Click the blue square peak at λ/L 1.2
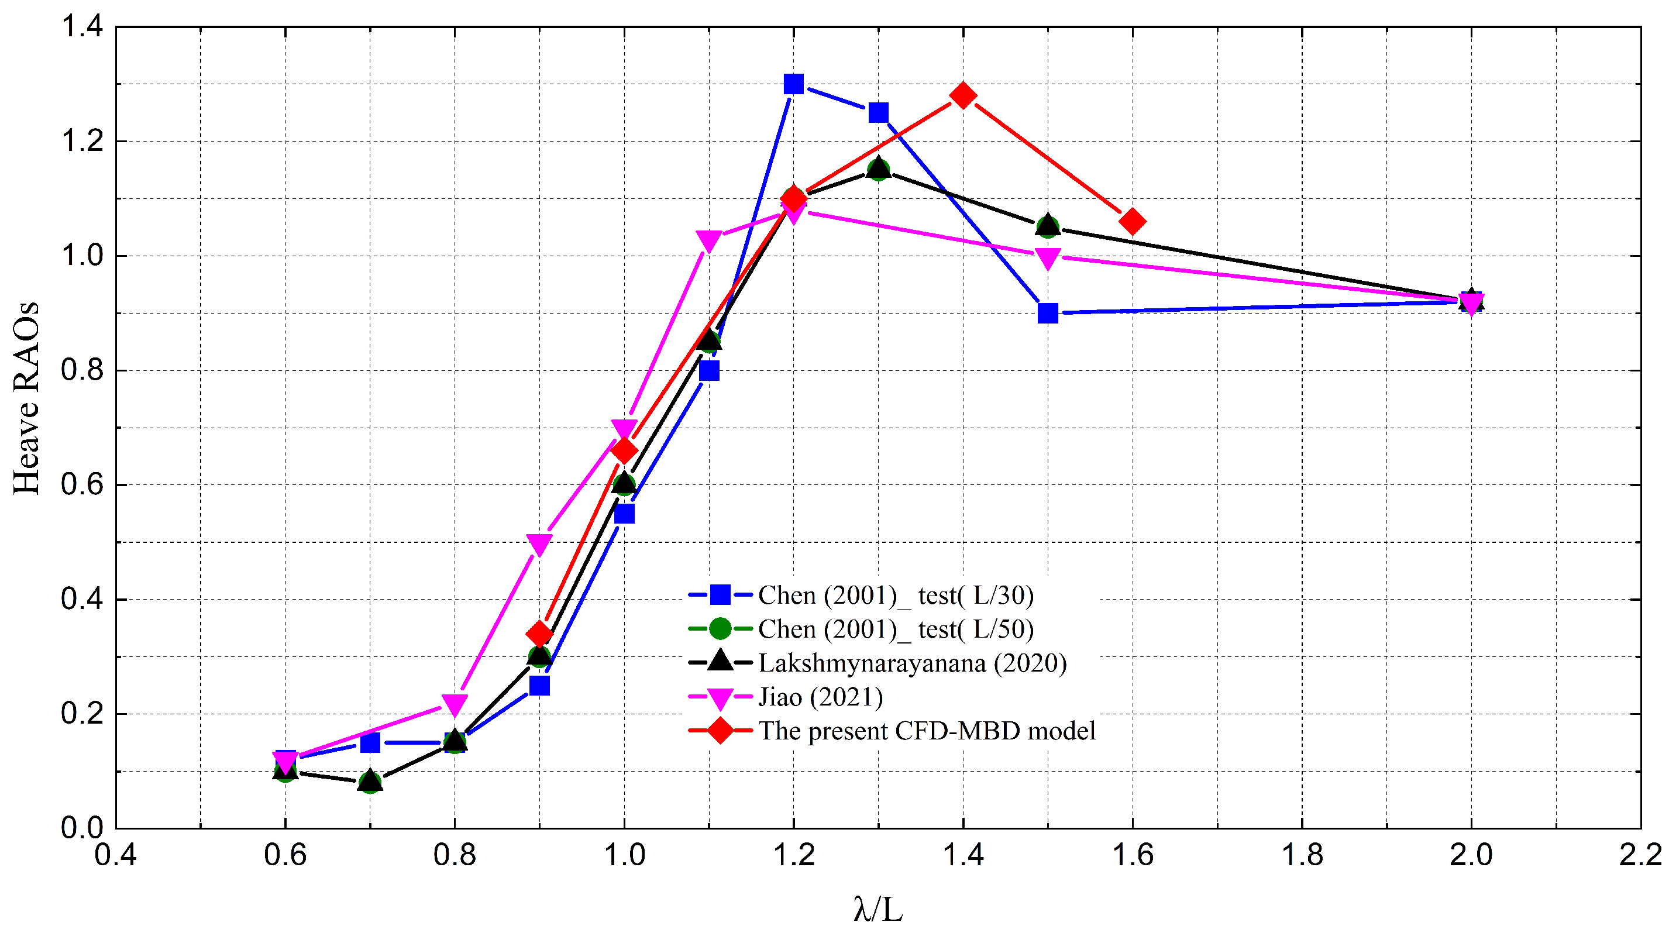(x=793, y=84)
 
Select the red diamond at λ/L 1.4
(x=963, y=95)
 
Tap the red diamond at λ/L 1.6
(x=1132, y=222)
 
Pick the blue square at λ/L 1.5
(x=1048, y=313)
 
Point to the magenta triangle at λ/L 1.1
(x=709, y=240)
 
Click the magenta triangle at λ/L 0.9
(x=539, y=543)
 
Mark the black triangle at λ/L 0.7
(x=370, y=781)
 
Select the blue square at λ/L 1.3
(x=878, y=113)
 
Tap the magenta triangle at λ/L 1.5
(x=1048, y=258)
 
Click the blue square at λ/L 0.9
(x=539, y=685)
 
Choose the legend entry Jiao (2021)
(x=820, y=697)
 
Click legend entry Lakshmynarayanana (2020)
(x=911, y=663)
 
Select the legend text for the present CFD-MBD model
(x=927, y=731)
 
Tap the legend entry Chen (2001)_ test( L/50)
(x=896, y=629)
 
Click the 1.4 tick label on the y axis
(x=82, y=27)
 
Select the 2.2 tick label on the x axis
(x=1640, y=855)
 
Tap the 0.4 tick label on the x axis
(x=115, y=855)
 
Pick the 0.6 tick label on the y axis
(x=82, y=484)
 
